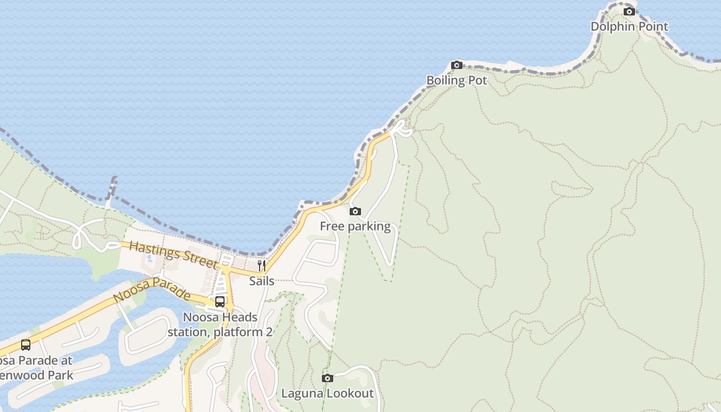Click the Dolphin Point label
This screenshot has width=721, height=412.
pyautogui.click(x=629, y=27)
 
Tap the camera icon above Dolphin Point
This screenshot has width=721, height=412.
pyautogui.click(x=629, y=11)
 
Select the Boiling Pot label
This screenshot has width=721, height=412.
pyautogui.click(x=456, y=80)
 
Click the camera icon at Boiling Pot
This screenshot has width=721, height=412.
pyautogui.click(x=456, y=65)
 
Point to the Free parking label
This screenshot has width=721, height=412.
pyautogui.click(x=355, y=226)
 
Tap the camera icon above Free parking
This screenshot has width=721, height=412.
pyautogui.click(x=355, y=211)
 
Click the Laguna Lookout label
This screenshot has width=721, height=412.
pyautogui.click(x=327, y=393)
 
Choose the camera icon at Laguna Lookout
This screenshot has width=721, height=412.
pyautogui.click(x=327, y=379)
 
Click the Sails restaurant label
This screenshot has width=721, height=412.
pyautogui.click(x=262, y=281)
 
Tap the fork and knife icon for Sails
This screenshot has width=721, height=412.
pyautogui.click(x=262, y=266)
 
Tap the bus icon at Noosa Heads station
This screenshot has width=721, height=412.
pyautogui.click(x=220, y=301)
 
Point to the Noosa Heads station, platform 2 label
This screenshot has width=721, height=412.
pyautogui.click(x=220, y=324)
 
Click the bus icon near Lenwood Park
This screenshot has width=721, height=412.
pyautogui.click(x=26, y=345)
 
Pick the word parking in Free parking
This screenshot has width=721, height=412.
pyautogui.click(x=369, y=226)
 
